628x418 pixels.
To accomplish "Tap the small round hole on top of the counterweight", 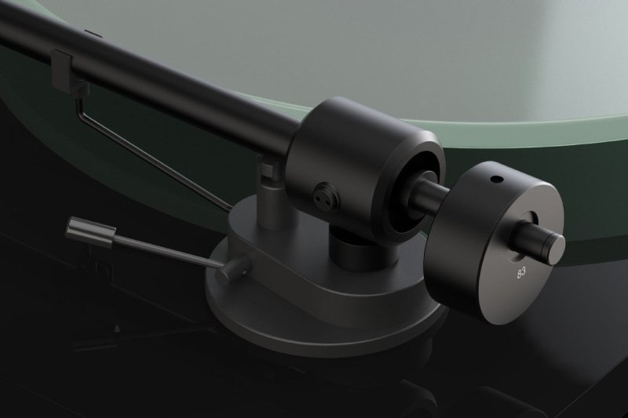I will [494, 179].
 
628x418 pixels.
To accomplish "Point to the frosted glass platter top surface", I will [392, 47].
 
